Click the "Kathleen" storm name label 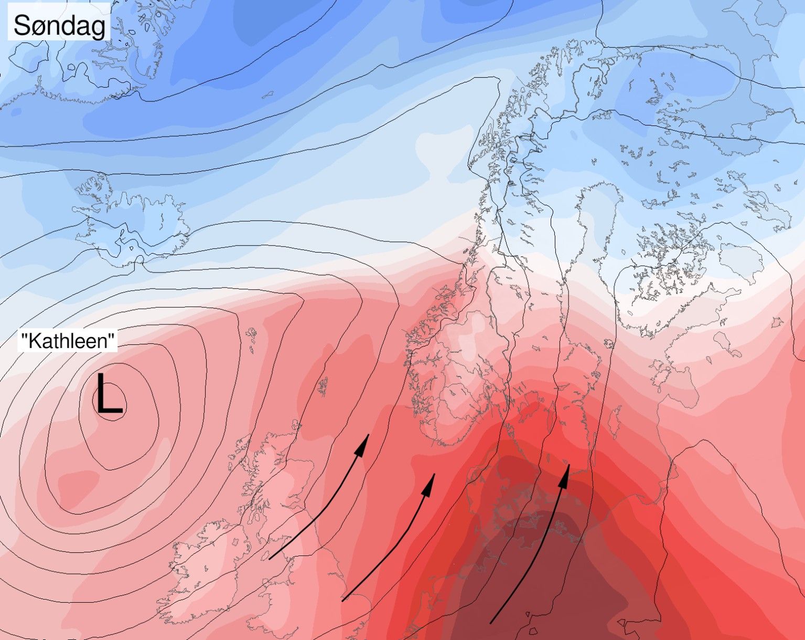67,341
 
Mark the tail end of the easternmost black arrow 491,623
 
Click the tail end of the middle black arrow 342,600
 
